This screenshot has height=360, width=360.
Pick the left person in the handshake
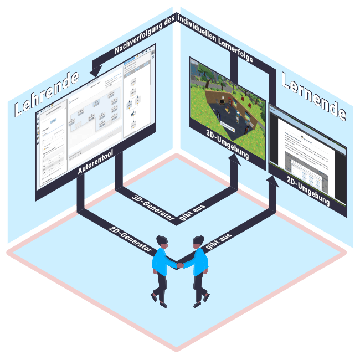tap(162, 271)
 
